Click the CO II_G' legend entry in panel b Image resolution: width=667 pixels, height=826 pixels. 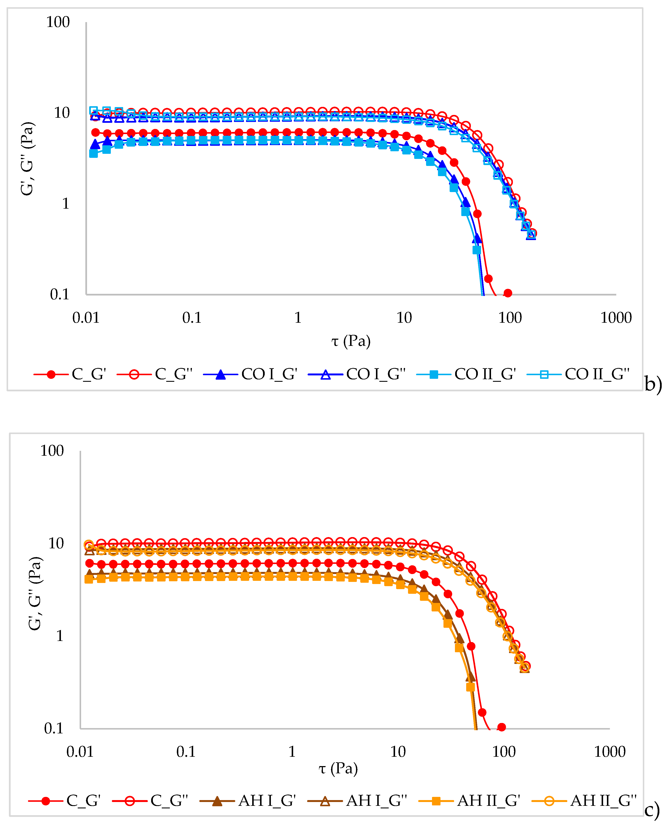coord(466,374)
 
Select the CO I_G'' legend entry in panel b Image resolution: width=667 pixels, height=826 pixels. coord(357,374)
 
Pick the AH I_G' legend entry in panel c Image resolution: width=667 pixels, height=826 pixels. coord(248,801)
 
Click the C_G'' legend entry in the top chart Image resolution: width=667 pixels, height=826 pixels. coord(155,374)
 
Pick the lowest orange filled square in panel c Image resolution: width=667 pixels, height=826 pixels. coord(470,687)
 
